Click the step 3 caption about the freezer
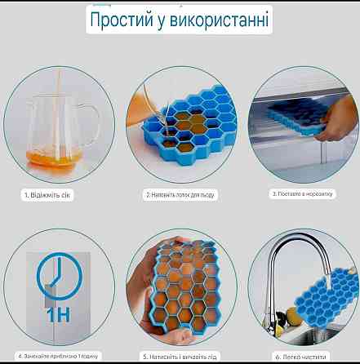click(303, 195)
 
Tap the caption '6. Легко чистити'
click(303, 356)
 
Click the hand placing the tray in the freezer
click(331, 131)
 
